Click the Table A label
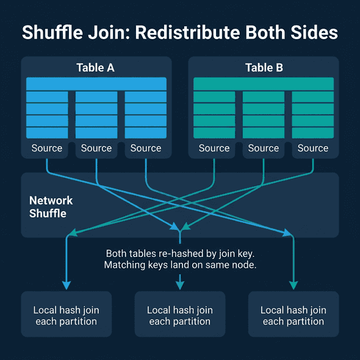click(95, 68)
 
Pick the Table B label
click(264, 68)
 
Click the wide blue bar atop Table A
click(96, 84)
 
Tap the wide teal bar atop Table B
click(264, 84)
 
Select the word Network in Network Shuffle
click(51, 201)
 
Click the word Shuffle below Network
click(48, 214)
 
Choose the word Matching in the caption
click(126, 265)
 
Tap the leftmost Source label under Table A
click(47, 148)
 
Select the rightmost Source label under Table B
click(313, 148)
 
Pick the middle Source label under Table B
click(264, 148)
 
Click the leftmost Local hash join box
click(67, 314)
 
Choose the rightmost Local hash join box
click(293, 314)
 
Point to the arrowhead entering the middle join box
click(180, 285)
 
